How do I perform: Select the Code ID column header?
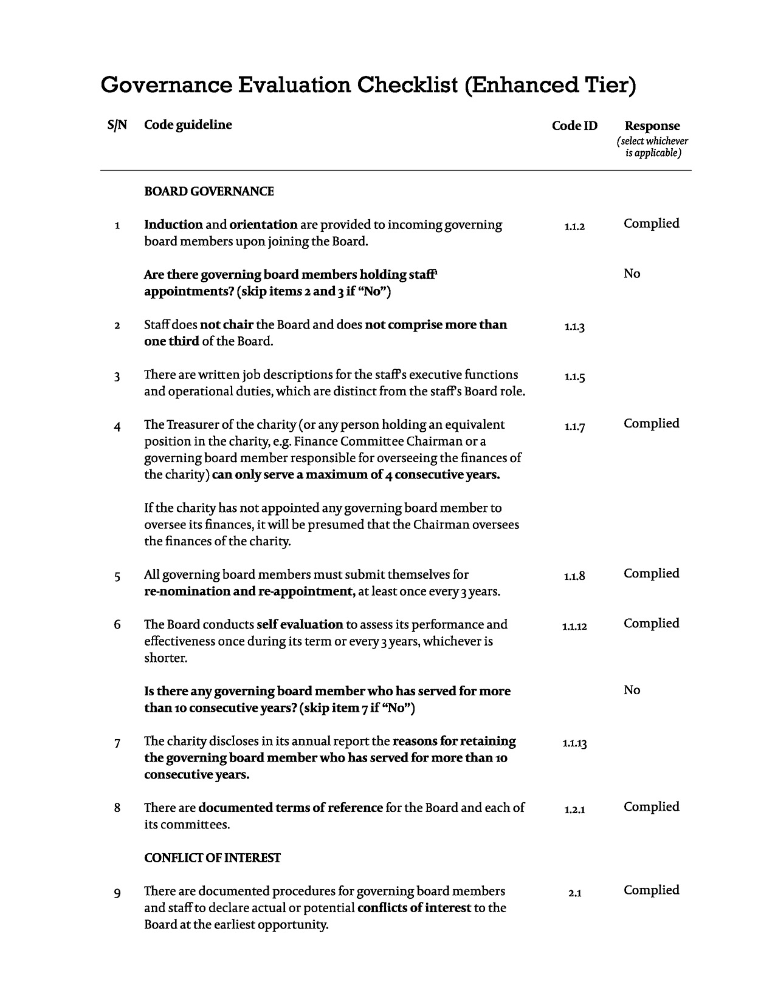tap(574, 126)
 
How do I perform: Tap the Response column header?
tap(652, 126)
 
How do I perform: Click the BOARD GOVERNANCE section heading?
tap(208, 192)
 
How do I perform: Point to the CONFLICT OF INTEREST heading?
tap(212, 858)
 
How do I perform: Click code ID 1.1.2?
tap(574, 227)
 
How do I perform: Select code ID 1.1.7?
tap(574, 428)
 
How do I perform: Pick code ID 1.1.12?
tap(574, 627)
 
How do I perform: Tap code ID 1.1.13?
tap(574, 743)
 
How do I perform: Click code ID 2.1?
tap(574, 893)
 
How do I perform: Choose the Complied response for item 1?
tap(651, 223)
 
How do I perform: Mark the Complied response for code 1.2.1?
tap(651, 807)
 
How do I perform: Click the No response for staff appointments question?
tap(632, 274)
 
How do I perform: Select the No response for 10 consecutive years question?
tap(632, 690)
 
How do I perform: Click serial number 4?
tap(117, 427)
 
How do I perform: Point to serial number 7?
tap(117, 743)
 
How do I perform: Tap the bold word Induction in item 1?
tap(173, 225)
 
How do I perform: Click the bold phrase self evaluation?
tap(300, 624)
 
